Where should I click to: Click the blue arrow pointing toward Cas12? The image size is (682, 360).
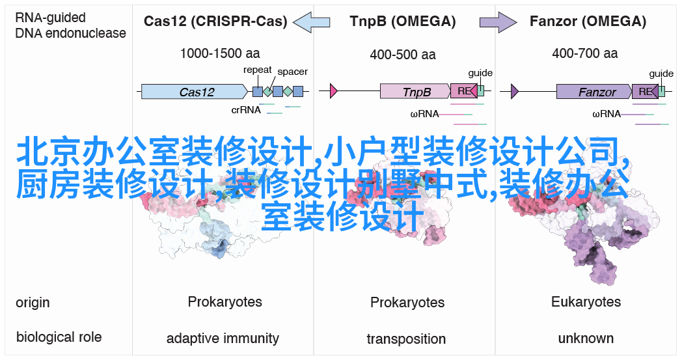click(312, 21)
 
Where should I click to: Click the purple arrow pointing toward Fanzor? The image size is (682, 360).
click(498, 21)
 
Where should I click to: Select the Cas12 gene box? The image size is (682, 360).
click(195, 91)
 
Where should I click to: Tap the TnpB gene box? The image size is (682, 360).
click(415, 91)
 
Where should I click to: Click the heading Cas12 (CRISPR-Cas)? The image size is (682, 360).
click(216, 21)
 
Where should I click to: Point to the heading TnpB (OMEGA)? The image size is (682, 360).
click(403, 21)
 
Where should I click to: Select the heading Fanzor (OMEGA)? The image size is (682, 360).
click(588, 21)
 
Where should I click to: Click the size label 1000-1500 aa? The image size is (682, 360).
click(220, 53)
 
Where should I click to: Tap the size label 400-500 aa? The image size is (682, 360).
click(403, 55)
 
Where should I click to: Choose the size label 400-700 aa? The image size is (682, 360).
click(585, 53)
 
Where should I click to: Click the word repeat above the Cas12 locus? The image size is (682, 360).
click(258, 70)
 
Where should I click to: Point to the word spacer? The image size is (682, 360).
click(293, 72)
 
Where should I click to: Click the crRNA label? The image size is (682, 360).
click(246, 110)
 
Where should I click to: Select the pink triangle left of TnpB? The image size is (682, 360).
click(334, 91)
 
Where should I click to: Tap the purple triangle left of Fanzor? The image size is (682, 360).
click(515, 91)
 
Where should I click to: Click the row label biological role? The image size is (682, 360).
click(59, 337)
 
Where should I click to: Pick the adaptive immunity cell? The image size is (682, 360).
click(223, 339)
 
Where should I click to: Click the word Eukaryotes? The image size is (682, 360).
click(586, 301)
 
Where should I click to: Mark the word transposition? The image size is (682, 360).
click(406, 339)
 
